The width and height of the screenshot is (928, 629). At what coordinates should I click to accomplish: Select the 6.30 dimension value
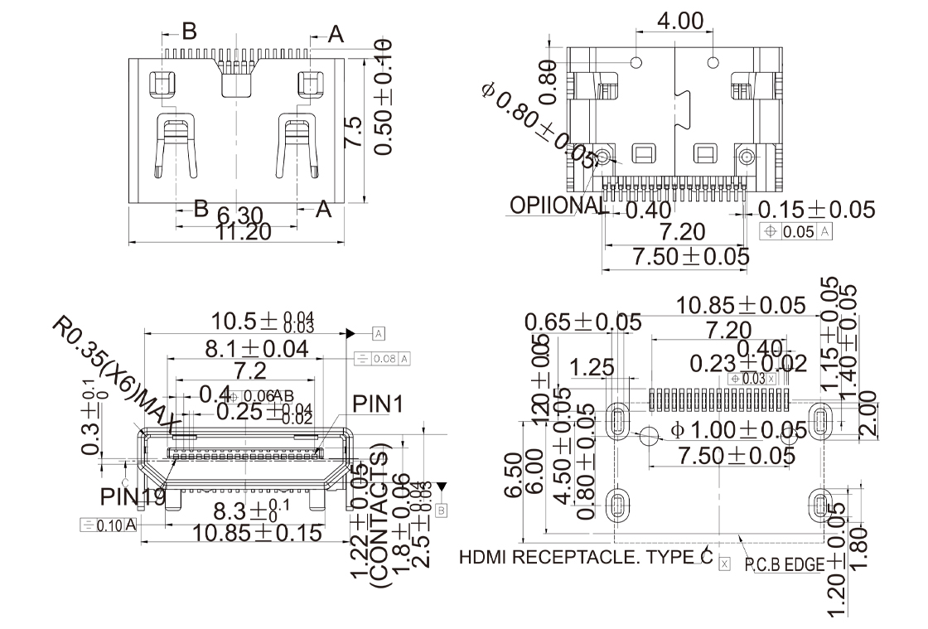point(240,215)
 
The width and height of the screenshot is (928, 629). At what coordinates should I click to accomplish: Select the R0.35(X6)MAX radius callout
point(116,373)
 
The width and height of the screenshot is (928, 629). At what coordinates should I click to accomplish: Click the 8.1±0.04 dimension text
point(257,349)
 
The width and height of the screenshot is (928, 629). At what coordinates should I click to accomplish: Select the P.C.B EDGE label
point(784,564)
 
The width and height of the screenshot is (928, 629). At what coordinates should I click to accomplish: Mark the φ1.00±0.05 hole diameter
point(738,430)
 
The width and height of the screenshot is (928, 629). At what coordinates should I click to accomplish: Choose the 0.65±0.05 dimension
point(582,321)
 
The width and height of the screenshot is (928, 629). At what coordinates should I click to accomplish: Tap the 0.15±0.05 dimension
point(816,210)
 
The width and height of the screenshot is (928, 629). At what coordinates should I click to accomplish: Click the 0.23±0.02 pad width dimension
point(748,363)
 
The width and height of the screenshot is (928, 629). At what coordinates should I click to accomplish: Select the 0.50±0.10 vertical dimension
point(384,99)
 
